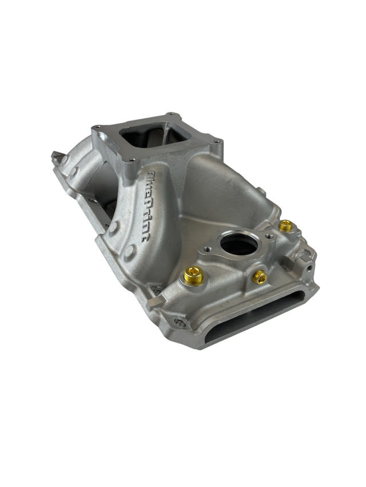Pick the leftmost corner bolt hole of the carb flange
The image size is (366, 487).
click(x=98, y=127)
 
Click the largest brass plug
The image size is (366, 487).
click(x=193, y=276)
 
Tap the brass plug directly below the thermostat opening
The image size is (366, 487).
click(x=259, y=277)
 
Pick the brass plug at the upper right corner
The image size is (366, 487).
click(x=285, y=226)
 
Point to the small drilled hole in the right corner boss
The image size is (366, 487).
click(x=309, y=267)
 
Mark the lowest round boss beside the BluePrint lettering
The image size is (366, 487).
click(x=130, y=250)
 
